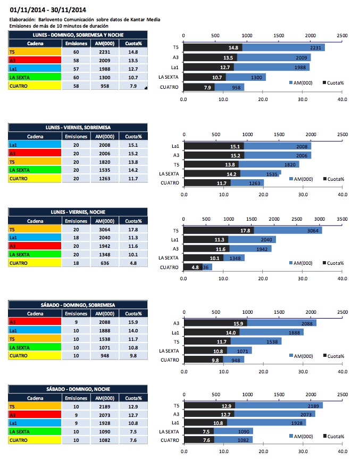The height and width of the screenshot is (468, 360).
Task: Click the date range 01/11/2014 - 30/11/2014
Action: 48,10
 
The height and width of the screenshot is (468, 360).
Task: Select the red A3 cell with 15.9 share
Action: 35,322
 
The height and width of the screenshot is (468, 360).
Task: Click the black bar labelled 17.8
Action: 218,231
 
